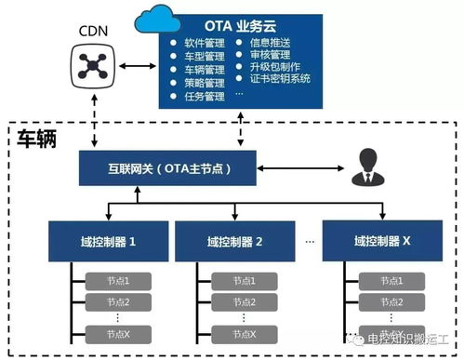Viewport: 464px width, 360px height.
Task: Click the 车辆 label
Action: (37, 139)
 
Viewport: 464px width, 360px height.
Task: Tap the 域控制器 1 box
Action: (108, 241)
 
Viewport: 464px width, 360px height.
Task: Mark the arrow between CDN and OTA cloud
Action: (137, 66)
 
